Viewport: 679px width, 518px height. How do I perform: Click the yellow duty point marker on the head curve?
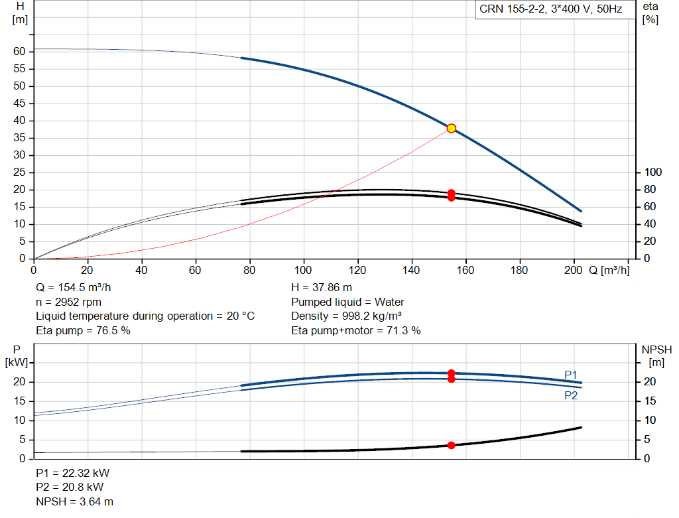[451, 128]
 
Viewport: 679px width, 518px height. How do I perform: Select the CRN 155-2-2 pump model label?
[550, 9]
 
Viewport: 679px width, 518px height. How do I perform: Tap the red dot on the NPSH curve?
[451, 445]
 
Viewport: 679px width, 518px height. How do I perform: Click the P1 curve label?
[571, 375]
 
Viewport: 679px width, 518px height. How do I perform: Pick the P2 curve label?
[571, 395]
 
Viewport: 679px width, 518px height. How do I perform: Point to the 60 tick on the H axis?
[19, 52]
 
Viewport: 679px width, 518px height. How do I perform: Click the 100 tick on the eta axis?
[652, 172]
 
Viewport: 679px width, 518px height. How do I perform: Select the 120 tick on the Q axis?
[357, 270]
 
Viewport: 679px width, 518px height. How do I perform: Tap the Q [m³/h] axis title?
[609, 270]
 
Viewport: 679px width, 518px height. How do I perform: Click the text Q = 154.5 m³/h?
[73, 288]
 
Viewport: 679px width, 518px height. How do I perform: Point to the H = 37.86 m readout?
[322, 288]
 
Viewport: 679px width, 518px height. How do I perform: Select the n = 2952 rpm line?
[68, 302]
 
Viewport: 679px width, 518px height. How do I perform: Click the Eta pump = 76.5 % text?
[83, 330]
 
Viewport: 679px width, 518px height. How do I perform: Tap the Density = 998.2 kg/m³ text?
[346, 316]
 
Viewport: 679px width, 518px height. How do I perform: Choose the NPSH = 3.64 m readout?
[74, 501]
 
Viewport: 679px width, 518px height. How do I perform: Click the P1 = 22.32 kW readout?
[72, 473]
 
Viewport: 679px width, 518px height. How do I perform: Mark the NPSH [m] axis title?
[656, 356]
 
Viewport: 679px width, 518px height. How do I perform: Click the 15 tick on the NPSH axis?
[650, 401]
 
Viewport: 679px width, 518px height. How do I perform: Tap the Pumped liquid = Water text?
[347, 302]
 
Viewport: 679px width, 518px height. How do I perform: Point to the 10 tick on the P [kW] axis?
[19, 421]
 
